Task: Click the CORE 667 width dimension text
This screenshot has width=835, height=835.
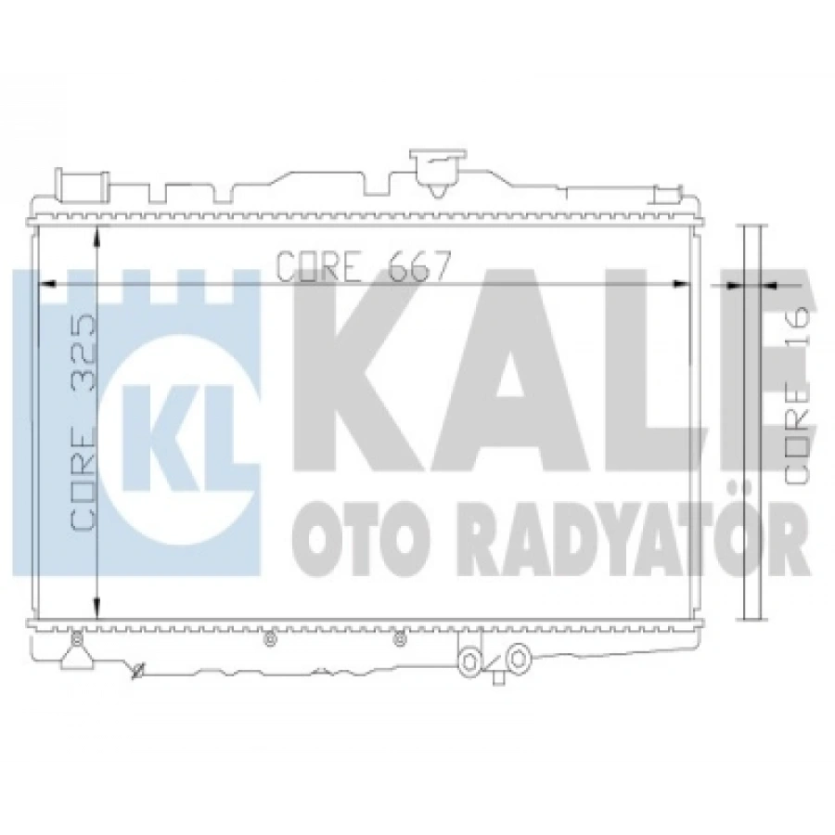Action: click(364, 266)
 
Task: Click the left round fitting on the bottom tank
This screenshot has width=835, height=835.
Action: click(470, 660)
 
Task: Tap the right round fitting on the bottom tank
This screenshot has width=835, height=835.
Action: click(520, 657)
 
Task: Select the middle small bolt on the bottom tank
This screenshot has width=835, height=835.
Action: click(269, 638)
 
